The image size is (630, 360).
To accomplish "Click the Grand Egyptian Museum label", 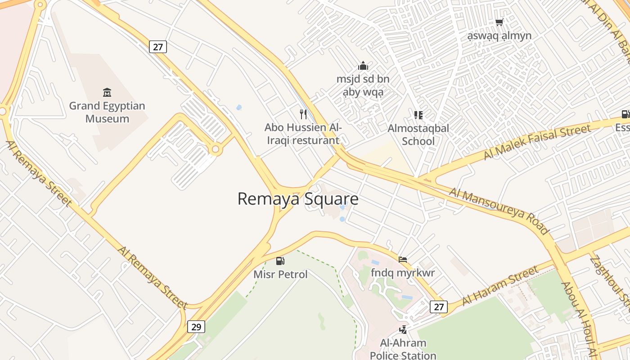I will click(x=107, y=112).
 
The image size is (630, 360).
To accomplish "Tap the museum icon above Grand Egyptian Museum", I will click(x=107, y=93).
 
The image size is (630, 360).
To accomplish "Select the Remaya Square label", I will click(x=298, y=199).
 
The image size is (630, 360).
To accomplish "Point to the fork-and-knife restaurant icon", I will click(x=303, y=114).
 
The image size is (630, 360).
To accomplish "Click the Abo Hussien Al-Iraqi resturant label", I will click(x=303, y=134).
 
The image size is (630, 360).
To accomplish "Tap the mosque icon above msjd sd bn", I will click(x=363, y=66).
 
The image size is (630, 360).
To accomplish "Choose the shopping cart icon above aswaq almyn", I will click(x=499, y=22).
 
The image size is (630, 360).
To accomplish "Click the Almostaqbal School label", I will click(x=418, y=135).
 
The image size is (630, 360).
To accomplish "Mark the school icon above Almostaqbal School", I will click(x=418, y=115).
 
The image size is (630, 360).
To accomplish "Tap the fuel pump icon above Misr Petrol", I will click(x=280, y=261).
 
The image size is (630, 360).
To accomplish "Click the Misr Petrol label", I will click(x=280, y=274).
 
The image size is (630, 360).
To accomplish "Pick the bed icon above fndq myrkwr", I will click(x=403, y=260).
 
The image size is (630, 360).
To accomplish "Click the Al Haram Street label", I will click(x=499, y=285).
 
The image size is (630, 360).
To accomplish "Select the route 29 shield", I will click(x=196, y=326).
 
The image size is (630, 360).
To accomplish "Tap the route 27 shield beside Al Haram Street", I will click(x=438, y=307).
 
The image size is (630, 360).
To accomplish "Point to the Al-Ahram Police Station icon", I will click(x=403, y=330).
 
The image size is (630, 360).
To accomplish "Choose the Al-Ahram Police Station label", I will click(x=403, y=349).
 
